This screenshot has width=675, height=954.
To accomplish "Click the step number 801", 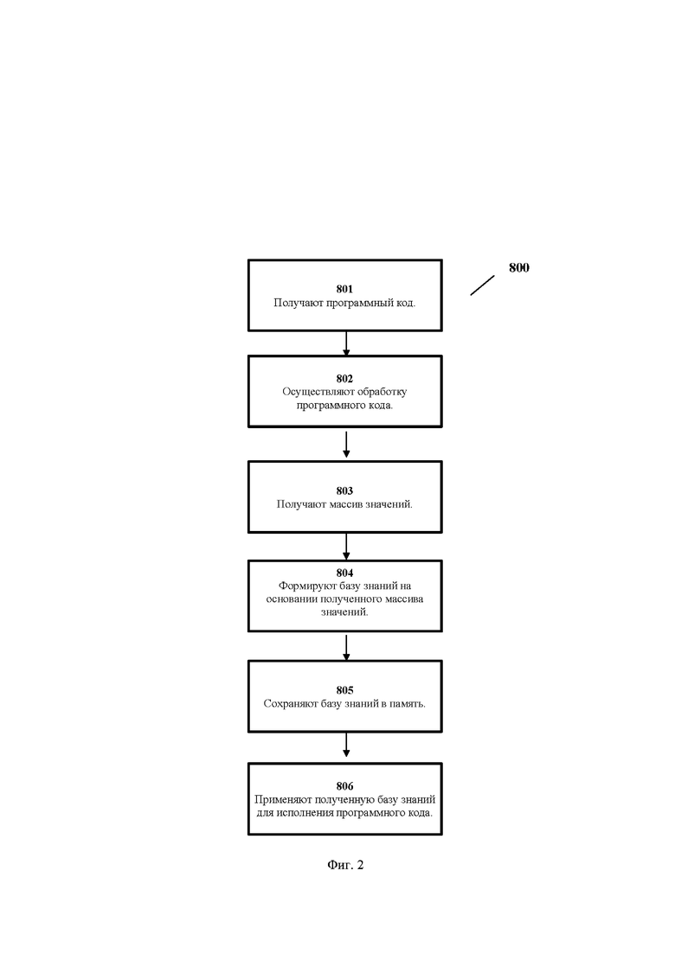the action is tap(344, 289).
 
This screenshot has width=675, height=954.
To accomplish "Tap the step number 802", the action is tap(344, 379).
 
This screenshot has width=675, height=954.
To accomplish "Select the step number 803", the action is tap(344, 490).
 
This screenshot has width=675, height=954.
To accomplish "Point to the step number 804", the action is tap(344, 573).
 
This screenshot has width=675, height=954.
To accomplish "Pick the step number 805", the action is tap(344, 690).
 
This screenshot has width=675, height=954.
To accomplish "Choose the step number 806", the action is tap(344, 786).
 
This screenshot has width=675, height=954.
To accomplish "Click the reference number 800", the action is tap(519, 268).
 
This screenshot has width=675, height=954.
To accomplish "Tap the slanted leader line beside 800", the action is tap(482, 285).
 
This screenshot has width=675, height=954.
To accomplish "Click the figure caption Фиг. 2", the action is tap(345, 865).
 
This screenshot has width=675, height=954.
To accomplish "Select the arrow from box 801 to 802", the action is tap(346, 343).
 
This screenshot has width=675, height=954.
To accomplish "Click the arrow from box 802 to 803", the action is tap(346, 445).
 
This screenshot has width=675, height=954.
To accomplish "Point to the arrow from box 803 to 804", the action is tap(346, 547).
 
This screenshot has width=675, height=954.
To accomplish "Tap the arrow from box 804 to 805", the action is tap(346, 648).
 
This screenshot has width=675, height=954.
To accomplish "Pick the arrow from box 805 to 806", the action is tap(346, 745).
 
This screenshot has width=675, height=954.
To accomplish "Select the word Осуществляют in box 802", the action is tap(310, 392).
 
